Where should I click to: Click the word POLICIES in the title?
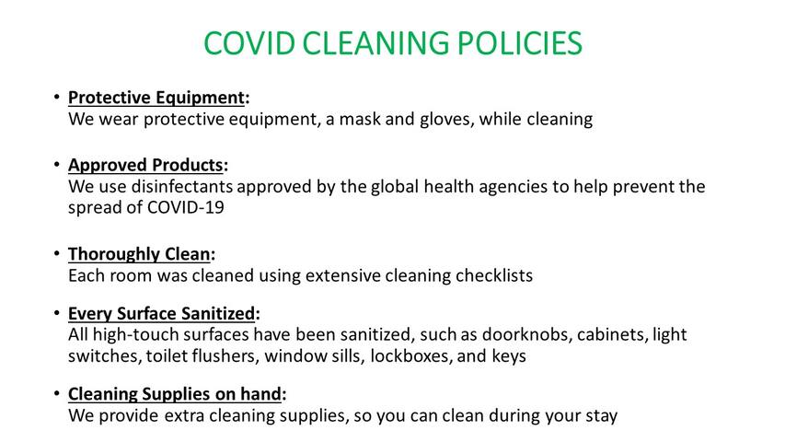(x=520, y=43)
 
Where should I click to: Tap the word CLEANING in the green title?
(x=375, y=43)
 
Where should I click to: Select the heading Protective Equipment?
(x=156, y=98)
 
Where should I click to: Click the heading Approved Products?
(x=145, y=165)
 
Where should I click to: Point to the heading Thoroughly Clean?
(x=139, y=254)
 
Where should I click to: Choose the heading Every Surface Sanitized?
(x=162, y=313)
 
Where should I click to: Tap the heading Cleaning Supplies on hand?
(x=175, y=394)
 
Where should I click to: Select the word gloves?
(x=446, y=121)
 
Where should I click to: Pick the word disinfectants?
(x=182, y=186)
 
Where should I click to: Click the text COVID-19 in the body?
(x=185, y=207)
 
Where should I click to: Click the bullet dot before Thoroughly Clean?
(x=57, y=253)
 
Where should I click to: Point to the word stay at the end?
(x=600, y=416)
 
